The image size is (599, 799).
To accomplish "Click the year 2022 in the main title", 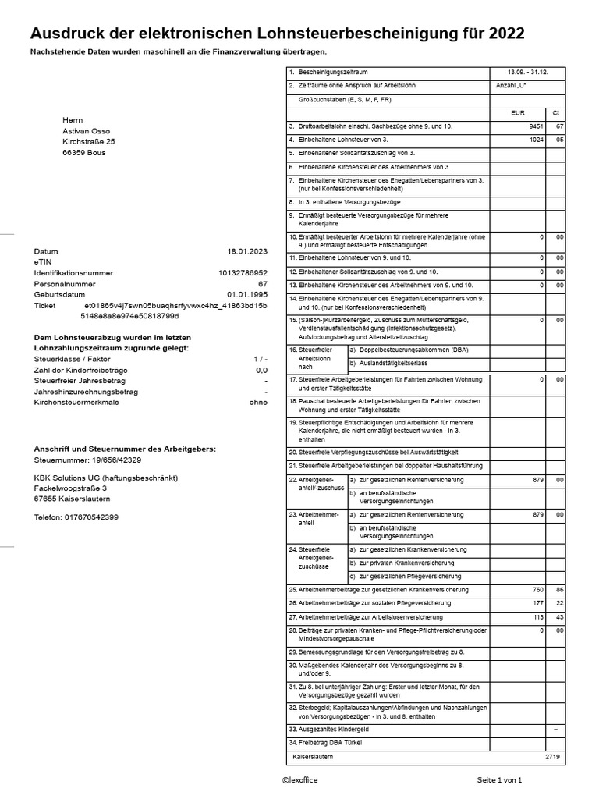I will tap(503, 34).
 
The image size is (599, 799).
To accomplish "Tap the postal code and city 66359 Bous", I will tap(84, 153).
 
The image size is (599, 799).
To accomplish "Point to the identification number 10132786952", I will tap(243, 273).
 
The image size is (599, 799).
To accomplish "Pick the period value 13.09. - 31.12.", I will tap(528, 72).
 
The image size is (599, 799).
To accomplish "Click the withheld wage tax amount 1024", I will tap(535, 140).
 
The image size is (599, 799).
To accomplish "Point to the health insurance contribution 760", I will tap(537, 589).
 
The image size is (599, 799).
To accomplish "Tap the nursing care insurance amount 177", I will tap(537, 603).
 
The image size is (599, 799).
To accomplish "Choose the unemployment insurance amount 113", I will tap(537, 617).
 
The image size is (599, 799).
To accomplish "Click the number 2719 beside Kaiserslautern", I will tap(552, 757).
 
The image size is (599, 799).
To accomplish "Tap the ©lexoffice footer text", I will tap(300, 780).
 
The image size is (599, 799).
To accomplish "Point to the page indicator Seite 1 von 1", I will tap(499, 780).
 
